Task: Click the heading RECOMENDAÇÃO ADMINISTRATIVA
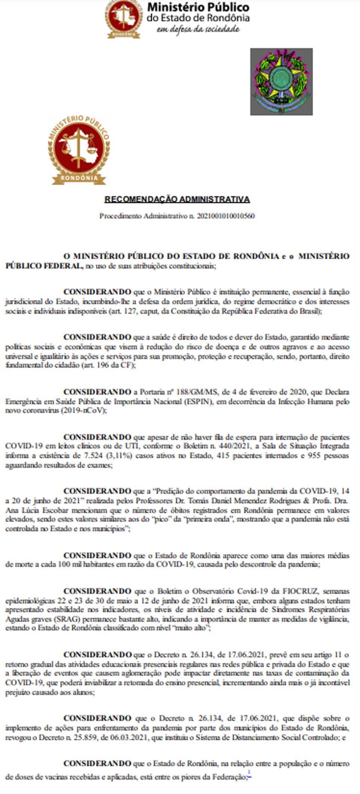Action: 177,199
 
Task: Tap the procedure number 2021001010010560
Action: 226,216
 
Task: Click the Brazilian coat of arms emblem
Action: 281,82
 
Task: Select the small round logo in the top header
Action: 123,19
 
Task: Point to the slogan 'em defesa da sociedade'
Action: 198,29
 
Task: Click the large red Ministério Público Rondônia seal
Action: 79,150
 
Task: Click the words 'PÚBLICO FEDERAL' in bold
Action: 43,266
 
